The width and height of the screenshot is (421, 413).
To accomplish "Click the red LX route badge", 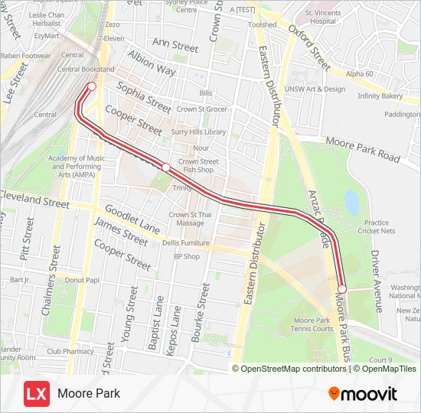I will [37, 394].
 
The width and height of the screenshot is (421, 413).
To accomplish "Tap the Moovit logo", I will [363, 394].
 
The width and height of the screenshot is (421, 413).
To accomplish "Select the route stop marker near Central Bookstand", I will [91, 86].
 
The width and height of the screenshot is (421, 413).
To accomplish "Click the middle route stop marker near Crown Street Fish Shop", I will [165, 167].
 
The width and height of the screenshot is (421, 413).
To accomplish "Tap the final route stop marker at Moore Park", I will [342, 288].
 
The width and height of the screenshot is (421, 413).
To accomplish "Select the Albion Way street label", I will [152, 65].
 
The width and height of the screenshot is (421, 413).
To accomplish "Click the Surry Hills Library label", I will [198, 132].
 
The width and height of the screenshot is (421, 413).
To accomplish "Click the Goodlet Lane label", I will [132, 219].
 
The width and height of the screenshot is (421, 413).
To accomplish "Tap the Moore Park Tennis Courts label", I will [313, 324].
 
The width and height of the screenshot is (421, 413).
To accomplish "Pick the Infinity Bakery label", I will [380, 96].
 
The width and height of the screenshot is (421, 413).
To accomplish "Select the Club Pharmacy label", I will [69, 352].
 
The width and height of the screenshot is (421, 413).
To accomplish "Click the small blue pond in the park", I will [351, 203].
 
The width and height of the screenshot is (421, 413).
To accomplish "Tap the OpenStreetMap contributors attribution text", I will [293, 369].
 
